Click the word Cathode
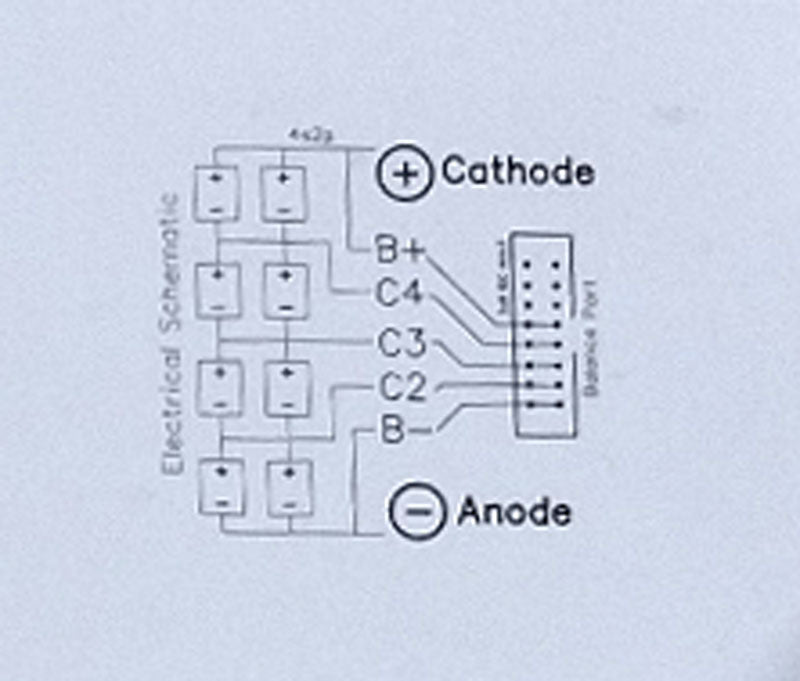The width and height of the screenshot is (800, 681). [517, 172]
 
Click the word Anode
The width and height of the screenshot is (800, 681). [514, 512]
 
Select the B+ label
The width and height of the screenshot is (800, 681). [400, 250]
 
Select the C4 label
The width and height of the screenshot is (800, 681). [400, 294]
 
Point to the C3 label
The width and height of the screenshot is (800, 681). [402, 343]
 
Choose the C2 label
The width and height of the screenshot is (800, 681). [402, 387]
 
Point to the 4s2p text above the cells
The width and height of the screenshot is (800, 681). [300, 133]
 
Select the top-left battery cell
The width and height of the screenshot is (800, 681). [217, 192]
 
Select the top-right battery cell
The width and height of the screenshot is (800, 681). [284, 192]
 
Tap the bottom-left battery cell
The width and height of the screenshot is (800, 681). [219, 485]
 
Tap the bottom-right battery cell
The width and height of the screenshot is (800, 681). [286, 485]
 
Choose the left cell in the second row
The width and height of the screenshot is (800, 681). [218, 289]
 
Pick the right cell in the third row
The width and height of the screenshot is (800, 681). [285, 387]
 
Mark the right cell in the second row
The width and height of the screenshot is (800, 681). [285, 289]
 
